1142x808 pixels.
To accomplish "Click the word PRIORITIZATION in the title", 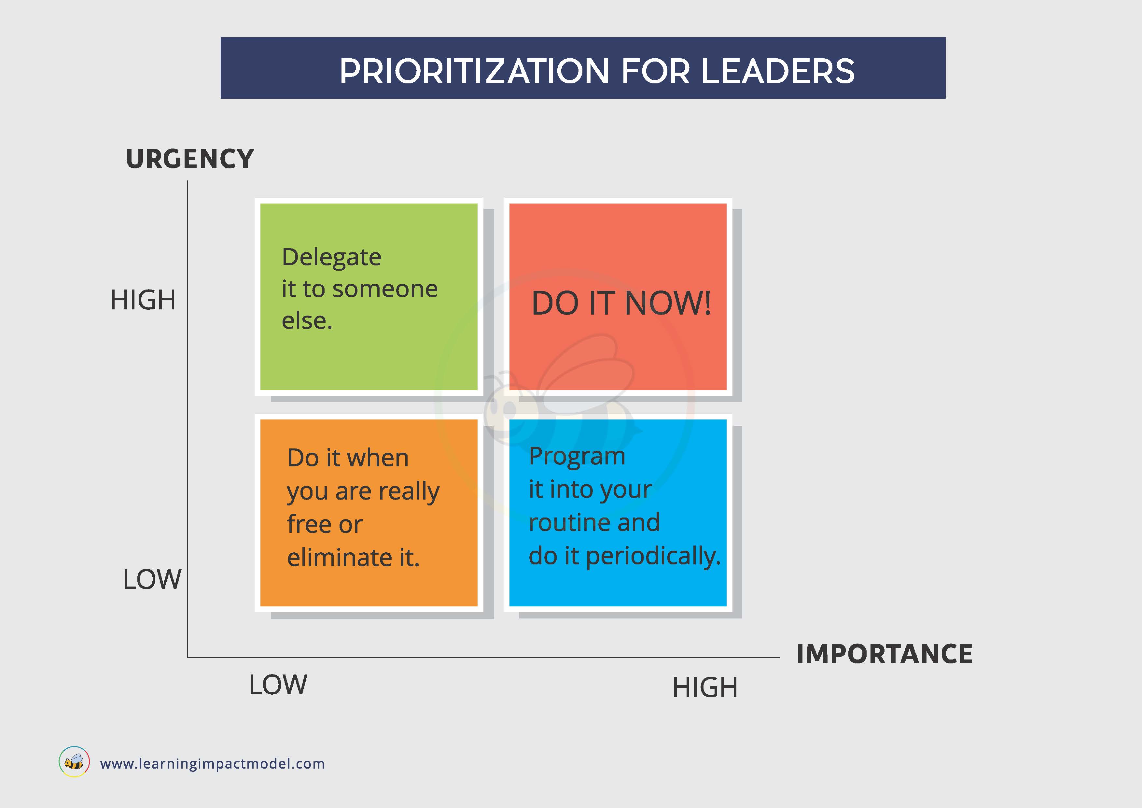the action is [x=475, y=71].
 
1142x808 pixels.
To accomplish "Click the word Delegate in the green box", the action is [x=331, y=258].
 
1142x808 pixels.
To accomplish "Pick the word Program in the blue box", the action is [x=577, y=457].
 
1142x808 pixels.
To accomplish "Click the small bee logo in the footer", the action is [x=74, y=761].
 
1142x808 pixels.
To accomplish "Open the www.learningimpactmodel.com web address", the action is [x=212, y=764].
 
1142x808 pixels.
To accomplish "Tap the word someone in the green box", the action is [x=385, y=289].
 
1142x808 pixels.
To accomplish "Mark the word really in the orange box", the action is [x=409, y=492].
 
